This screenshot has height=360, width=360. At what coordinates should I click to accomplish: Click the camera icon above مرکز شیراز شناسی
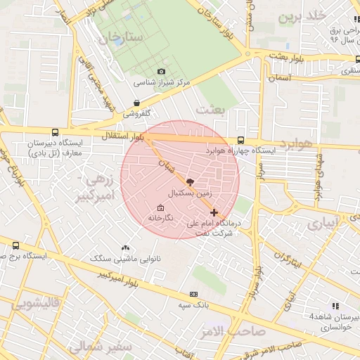pyautogui.click(x=162, y=72)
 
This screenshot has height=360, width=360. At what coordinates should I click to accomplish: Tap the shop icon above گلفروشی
pyautogui.click(x=136, y=103)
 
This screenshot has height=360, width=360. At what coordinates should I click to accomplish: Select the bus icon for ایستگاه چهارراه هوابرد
pyautogui.click(x=241, y=140)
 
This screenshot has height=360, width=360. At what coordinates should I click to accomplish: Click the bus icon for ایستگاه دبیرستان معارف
pyautogui.click(x=55, y=131)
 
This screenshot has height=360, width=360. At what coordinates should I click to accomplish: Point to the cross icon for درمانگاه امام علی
pyautogui.click(x=214, y=212)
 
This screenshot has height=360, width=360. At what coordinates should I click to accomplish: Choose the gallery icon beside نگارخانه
pyautogui.click(x=160, y=208)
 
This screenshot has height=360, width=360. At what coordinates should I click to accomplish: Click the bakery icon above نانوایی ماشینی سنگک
pyautogui.click(x=126, y=247)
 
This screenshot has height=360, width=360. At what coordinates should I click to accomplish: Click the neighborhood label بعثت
pyautogui.click(x=209, y=110)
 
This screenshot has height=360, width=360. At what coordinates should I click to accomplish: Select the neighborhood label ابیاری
pyautogui.click(x=323, y=222)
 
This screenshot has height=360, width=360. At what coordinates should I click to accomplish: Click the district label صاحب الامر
pyautogui.click(x=238, y=330)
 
